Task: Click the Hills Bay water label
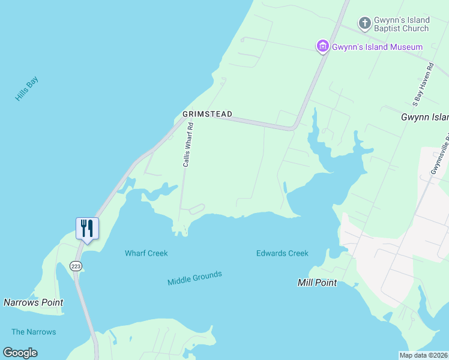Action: point(26,88)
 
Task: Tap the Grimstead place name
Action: point(207,114)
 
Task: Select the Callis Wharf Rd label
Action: point(188,145)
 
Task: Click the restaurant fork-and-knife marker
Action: point(87,228)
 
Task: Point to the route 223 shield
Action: point(76,266)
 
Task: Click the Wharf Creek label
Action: point(146,253)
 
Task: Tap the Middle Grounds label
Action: point(194,278)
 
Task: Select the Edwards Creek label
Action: point(282,253)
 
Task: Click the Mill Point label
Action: point(317,283)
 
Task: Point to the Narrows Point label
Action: point(33,302)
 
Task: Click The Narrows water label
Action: point(34,332)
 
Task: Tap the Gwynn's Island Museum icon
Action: point(322,46)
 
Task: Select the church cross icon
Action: point(364,23)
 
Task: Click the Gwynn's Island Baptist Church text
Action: point(402,24)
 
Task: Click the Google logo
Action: point(20,353)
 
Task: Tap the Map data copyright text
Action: point(423,355)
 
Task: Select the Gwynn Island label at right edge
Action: point(424,118)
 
